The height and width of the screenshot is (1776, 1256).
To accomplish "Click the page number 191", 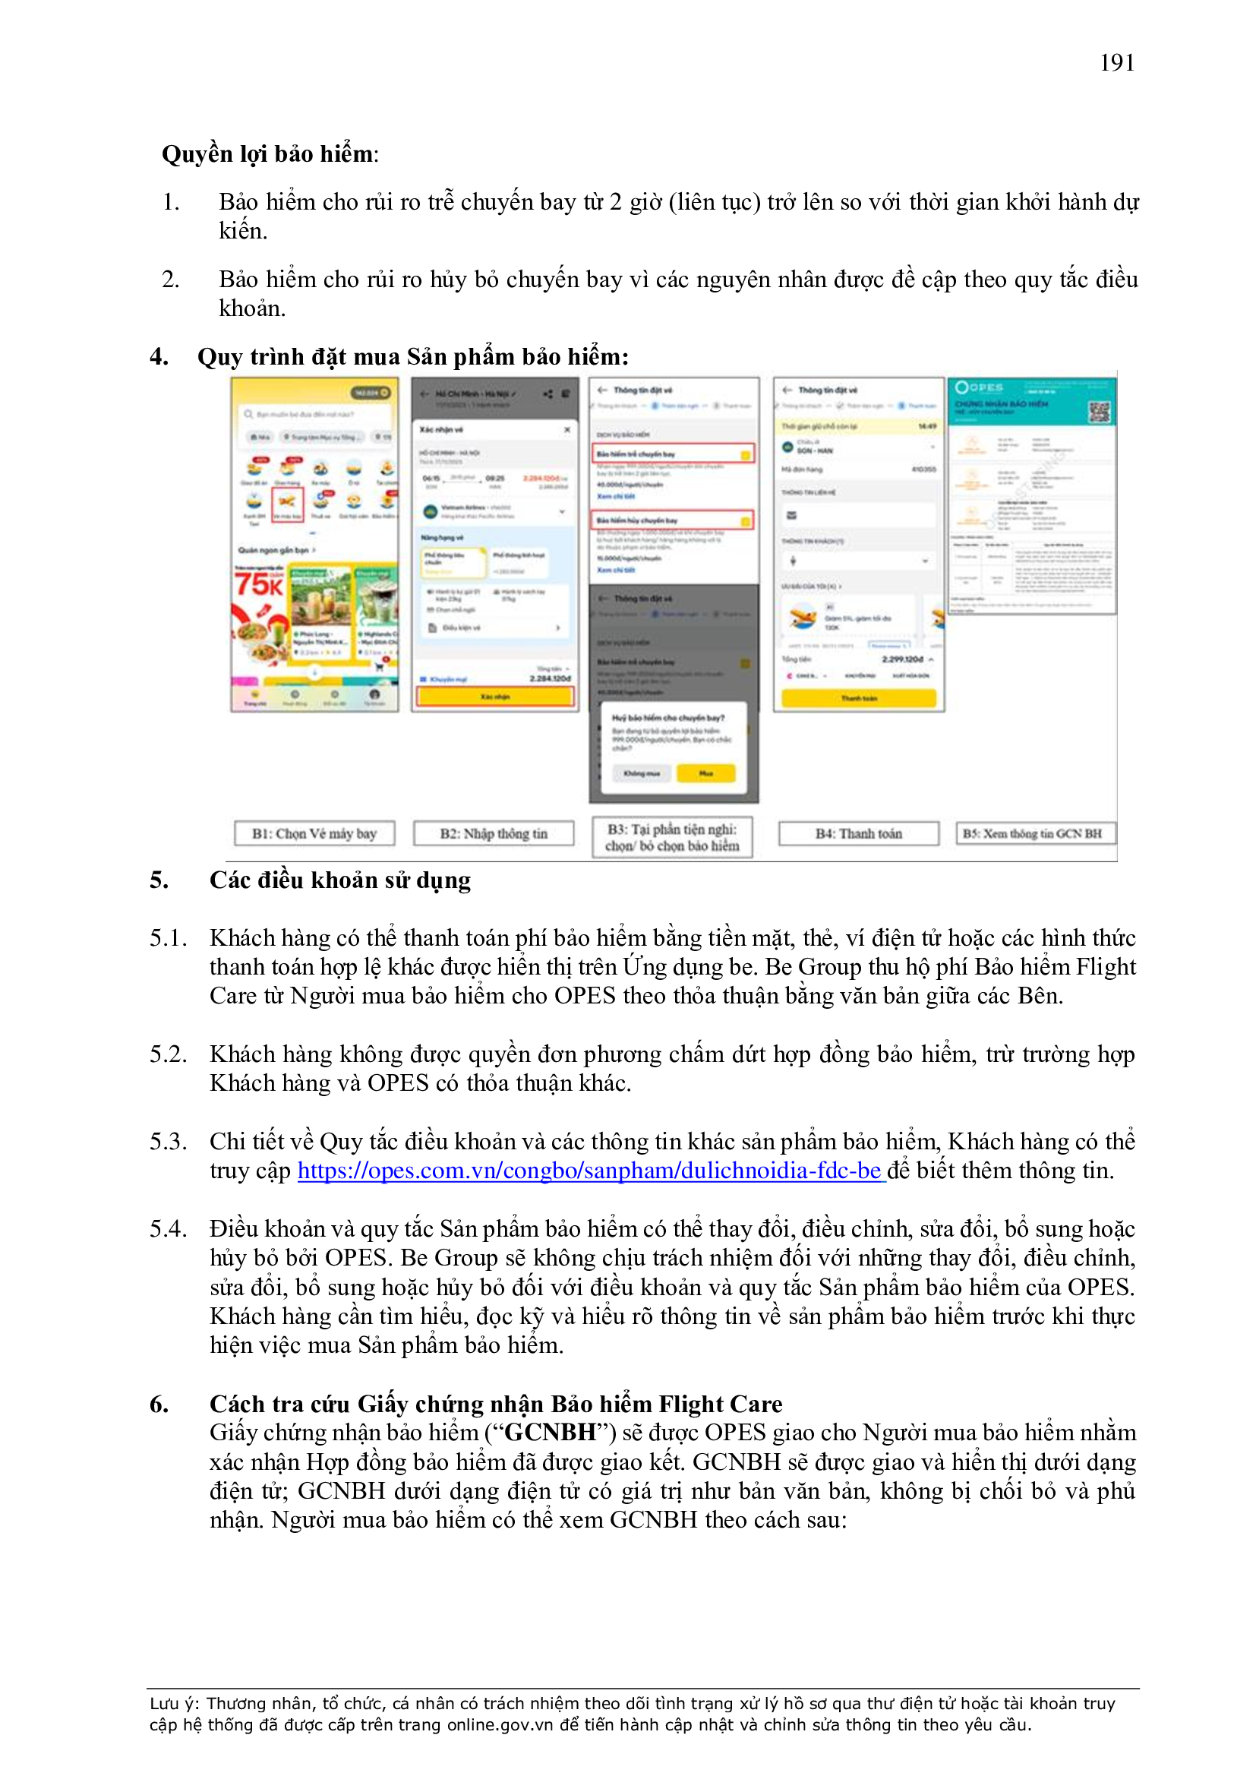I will tap(1117, 62).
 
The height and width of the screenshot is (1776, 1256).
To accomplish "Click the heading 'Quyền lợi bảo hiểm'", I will tap(267, 154).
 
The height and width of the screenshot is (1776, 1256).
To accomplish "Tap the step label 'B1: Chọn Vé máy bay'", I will tap(314, 833).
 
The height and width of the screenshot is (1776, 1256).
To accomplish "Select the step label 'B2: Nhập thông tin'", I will tap(494, 833).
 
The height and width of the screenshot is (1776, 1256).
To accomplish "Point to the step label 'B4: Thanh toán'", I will tap(859, 833).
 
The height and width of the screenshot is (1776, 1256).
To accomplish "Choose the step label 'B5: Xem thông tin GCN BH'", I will tap(1035, 833).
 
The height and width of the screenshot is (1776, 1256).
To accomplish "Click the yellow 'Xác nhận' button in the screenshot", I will tap(495, 697).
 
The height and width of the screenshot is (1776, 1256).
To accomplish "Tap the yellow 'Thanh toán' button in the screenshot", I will tap(859, 699).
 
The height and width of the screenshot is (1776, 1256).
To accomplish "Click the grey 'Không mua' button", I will tap(642, 773).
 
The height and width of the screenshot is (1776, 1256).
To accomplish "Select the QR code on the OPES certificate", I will tap(1098, 412).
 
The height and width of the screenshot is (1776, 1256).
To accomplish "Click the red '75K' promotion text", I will tap(258, 584).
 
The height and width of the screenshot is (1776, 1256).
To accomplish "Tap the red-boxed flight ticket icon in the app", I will tap(287, 504).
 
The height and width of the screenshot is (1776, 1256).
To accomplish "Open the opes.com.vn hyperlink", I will tap(589, 1171).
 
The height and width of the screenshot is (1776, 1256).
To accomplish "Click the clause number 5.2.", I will tap(168, 1054).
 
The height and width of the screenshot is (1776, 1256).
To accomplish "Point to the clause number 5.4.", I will tap(168, 1229).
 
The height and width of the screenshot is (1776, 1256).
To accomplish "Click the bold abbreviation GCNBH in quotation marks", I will tap(550, 1433).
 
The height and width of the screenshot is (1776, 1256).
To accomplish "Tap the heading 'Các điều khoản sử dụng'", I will tap(339, 880).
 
